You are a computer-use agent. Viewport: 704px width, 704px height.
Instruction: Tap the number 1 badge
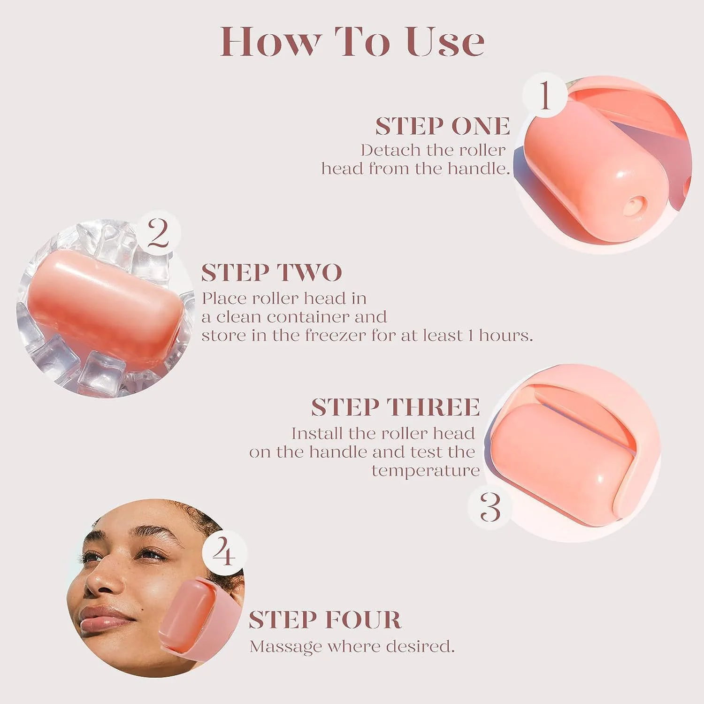[x=544, y=95]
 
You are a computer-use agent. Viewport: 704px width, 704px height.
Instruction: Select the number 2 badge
[x=159, y=233]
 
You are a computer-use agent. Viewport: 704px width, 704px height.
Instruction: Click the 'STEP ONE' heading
[x=442, y=126]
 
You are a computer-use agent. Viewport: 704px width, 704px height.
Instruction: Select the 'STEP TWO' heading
[x=271, y=273]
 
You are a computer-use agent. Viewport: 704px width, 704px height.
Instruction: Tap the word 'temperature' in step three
[x=425, y=470]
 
